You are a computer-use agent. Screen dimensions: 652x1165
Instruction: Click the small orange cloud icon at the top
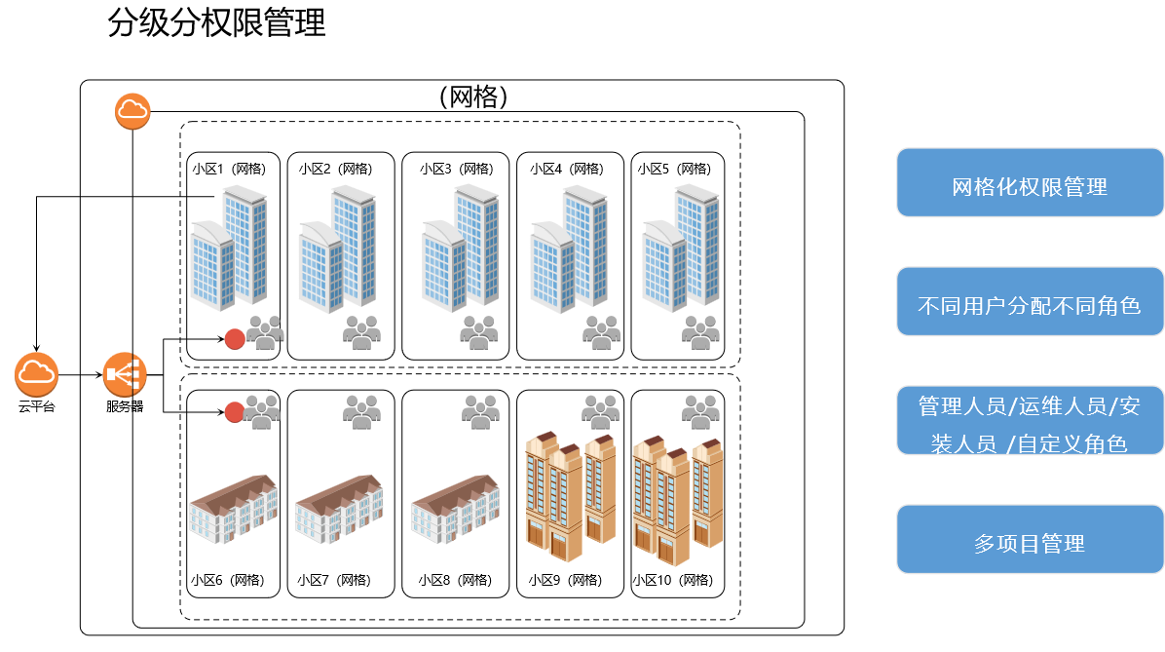[x=132, y=111]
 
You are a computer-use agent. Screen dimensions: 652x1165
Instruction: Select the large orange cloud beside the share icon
[x=37, y=374]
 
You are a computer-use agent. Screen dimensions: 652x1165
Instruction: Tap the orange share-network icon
[x=125, y=374]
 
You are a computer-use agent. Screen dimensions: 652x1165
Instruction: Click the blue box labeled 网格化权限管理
[x=1030, y=183]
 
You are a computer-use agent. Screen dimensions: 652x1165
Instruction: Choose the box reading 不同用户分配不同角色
[x=1030, y=302]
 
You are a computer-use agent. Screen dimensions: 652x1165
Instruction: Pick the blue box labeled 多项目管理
[x=1030, y=540]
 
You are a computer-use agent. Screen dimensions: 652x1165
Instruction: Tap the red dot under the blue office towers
[x=235, y=338]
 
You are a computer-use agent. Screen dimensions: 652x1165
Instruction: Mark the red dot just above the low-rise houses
[x=234, y=412]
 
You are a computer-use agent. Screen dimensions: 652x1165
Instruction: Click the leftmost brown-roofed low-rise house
[x=233, y=509]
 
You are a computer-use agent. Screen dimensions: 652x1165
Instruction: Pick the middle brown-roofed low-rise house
[x=339, y=509]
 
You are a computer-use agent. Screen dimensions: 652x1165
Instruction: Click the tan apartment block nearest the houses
[x=570, y=497]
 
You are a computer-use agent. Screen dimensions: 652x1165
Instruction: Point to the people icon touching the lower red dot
[x=263, y=411]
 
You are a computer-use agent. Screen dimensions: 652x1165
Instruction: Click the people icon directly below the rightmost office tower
[x=700, y=332]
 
